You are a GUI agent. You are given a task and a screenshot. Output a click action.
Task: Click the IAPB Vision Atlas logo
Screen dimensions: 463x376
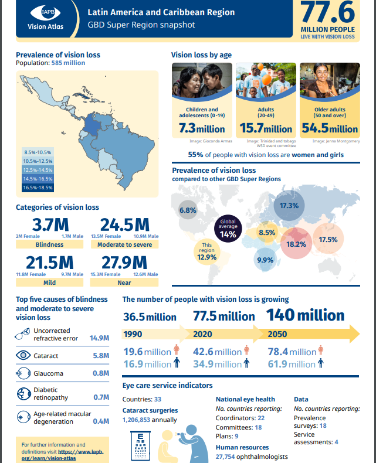click(45, 18)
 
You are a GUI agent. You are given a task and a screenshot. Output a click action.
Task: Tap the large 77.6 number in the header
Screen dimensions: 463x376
click(328, 13)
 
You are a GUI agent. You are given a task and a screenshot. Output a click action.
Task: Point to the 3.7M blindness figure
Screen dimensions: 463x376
click(51, 225)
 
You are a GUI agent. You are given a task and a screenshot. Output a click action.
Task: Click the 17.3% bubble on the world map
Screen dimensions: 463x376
click(289, 206)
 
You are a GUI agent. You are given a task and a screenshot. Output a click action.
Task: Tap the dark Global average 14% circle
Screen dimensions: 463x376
click(228, 230)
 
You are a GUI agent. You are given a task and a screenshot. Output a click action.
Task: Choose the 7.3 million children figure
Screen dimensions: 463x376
click(202, 129)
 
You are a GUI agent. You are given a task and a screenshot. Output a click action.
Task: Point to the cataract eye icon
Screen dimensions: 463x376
click(24, 355)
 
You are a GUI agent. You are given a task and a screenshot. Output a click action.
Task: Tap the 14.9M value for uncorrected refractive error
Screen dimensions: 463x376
click(99, 338)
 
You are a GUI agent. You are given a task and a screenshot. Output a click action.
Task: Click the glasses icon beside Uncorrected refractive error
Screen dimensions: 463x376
click(23, 335)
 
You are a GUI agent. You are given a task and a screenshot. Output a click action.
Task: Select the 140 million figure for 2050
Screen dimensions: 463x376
click(305, 315)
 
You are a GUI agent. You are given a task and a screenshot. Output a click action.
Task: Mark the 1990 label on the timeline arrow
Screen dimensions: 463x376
click(133, 335)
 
